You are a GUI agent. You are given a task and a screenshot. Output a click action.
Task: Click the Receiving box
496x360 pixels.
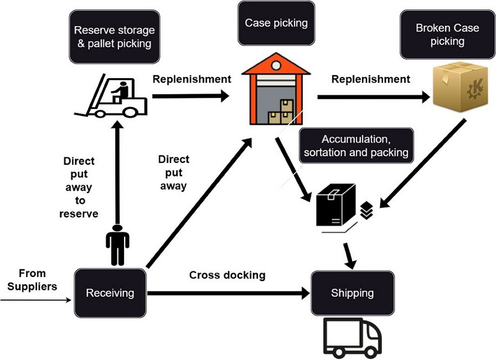coord(109,292)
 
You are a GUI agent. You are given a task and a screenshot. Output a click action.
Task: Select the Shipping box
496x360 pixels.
coord(352,292)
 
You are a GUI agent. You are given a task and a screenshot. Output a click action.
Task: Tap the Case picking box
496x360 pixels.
coord(276,24)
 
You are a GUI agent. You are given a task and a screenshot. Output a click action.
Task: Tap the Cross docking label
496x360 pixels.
coord(227,275)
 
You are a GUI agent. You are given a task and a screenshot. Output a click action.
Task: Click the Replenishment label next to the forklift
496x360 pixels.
coord(192,79)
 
